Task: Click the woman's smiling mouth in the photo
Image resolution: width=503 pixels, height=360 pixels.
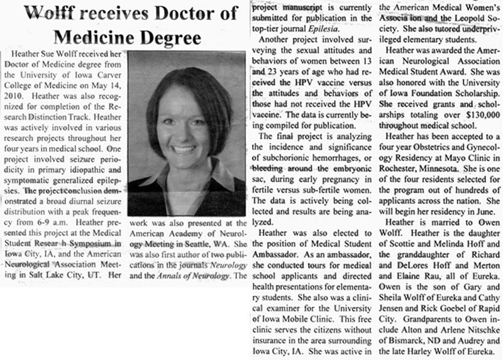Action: point(183,150)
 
